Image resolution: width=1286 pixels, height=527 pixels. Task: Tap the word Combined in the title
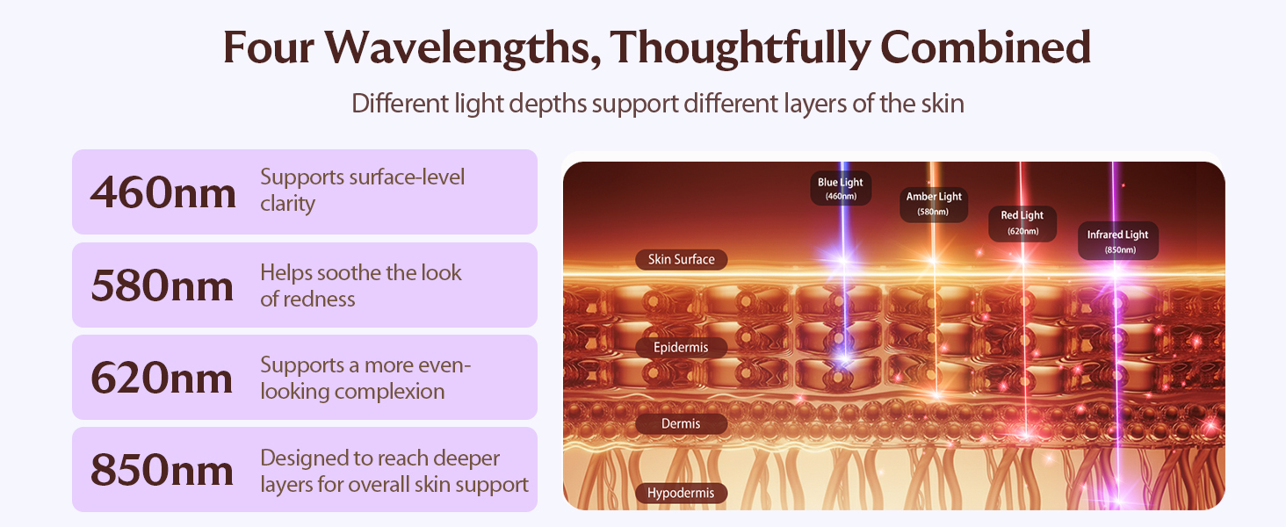(986, 47)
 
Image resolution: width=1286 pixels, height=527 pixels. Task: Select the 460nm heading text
(163, 192)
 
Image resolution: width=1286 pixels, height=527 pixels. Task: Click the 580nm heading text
(163, 285)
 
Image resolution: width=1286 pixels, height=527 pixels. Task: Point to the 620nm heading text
(162, 378)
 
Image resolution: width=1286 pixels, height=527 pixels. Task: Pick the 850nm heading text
(162, 470)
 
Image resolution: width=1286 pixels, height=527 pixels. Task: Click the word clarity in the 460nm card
(287, 205)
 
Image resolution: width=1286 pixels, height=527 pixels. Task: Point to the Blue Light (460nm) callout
(841, 188)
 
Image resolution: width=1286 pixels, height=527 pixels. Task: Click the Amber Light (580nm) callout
(934, 205)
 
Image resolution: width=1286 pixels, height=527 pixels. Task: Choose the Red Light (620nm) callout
(1022, 223)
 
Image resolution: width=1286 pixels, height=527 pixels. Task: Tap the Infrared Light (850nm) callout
(1118, 242)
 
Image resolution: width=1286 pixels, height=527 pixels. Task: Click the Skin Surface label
(682, 259)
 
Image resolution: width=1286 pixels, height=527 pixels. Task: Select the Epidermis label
(681, 347)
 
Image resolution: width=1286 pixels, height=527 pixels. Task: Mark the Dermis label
(681, 423)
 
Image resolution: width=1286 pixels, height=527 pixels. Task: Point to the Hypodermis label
(681, 493)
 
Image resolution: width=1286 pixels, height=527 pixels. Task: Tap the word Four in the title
(268, 48)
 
